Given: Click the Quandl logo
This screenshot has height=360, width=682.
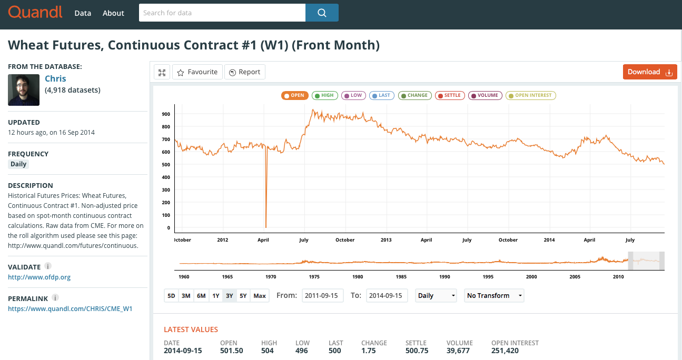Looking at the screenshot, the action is pos(35,13).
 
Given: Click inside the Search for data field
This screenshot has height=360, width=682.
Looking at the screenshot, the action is pos(222,13).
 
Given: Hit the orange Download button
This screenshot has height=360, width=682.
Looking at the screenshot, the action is pos(650,72).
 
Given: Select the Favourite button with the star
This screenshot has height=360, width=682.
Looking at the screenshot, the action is pos(197,72).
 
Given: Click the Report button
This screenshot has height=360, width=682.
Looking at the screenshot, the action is pos(245,72).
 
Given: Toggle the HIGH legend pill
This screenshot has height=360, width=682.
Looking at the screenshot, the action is pos(324,96).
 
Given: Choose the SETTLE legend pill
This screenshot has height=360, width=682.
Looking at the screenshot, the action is pos(450,96).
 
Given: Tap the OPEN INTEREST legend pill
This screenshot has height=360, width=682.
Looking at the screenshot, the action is pos(531,96).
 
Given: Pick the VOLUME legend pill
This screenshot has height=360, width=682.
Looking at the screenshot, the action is pos(485,96).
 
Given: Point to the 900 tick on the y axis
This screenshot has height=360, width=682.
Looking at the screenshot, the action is pos(166,114).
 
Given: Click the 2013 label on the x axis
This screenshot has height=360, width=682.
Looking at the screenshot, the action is pos(386,240).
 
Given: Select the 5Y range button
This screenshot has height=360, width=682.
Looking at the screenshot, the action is pos(243,295).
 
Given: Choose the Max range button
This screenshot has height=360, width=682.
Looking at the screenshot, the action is pos(260,295).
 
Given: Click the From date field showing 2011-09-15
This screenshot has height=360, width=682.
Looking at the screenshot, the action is pos(322,295).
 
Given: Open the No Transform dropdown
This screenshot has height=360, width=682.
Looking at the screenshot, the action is pos(494,295).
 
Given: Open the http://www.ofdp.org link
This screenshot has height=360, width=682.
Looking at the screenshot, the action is pos(39,277).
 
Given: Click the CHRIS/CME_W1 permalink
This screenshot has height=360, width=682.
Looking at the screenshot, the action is pos(70,308).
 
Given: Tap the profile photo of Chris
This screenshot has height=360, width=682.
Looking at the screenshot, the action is pos(24,90).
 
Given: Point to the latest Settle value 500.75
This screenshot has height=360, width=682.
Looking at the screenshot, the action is pos(417,351).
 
